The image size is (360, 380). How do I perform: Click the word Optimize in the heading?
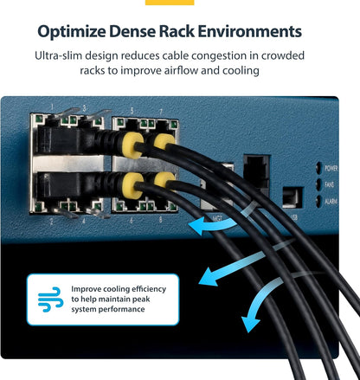click(x=71, y=32)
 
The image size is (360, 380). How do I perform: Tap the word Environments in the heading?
click(x=250, y=31)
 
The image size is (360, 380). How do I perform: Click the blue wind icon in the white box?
click(x=51, y=299)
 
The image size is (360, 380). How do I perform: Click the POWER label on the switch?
click(x=331, y=168)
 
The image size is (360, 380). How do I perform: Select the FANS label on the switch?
click(x=330, y=184)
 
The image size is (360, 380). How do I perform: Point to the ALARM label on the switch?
click(x=331, y=201)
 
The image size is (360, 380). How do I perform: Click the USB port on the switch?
click(x=292, y=197)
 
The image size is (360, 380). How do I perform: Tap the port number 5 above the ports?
click(x=132, y=111)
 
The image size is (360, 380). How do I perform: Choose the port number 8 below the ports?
click(x=161, y=220)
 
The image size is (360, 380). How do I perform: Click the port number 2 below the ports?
click(x=51, y=222)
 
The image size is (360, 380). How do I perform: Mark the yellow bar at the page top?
click(x=170, y=3)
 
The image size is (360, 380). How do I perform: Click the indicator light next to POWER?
click(x=318, y=168)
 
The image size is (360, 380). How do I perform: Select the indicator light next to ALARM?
click(x=318, y=201)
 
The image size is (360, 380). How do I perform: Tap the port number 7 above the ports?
click(x=161, y=112)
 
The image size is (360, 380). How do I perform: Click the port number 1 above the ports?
click(x=52, y=107)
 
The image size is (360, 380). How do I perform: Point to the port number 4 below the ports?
click(x=84, y=222)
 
